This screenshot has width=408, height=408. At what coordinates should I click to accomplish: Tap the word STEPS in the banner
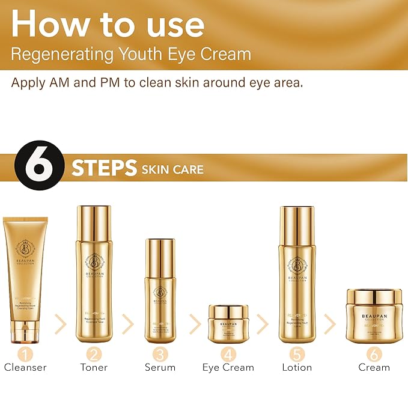click(x=104, y=168)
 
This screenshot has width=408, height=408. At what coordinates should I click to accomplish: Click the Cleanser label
click(x=25, y=367)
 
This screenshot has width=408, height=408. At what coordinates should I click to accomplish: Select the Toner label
click(x=94, y=367)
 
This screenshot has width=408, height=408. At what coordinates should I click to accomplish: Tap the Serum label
click(x=159, y=367)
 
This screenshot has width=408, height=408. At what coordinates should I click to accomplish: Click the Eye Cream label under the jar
click(x=228, y=367)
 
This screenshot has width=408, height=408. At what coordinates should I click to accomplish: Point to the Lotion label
click(x=297, y=367)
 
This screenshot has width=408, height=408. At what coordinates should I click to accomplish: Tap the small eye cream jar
click(x=228, y=323)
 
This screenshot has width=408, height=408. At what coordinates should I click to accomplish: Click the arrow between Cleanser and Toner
click(x=60, y=324)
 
